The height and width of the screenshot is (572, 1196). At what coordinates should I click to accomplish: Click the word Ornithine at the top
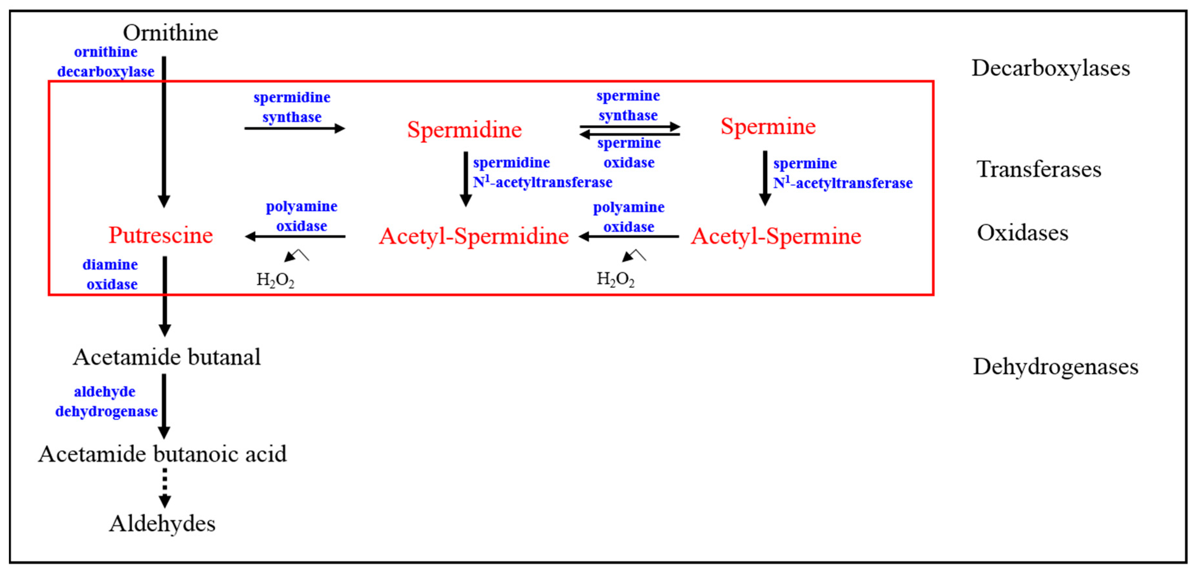click(170, 33)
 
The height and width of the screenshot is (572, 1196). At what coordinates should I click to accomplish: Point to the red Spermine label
click(768, 126)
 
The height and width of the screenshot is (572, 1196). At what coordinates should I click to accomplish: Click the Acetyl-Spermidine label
click(474, 236)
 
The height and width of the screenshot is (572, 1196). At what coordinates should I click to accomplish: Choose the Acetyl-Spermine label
click(776, 236)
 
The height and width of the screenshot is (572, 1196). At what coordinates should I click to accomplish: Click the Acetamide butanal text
click(167, 357)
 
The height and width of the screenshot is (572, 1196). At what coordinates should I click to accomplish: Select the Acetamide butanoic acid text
click(163, 454)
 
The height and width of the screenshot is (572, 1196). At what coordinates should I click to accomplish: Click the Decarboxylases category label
click(1051, 68)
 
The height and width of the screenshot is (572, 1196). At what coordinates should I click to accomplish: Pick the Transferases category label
click(1039, 169)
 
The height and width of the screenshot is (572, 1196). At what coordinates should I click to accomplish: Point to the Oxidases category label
click(1022, 233)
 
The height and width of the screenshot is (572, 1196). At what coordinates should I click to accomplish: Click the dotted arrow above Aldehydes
click(164, 487)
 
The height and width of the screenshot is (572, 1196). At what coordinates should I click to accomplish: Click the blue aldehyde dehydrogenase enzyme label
click(106, 402)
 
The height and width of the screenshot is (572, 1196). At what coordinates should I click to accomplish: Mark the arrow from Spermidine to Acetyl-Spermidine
click(466, 179)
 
